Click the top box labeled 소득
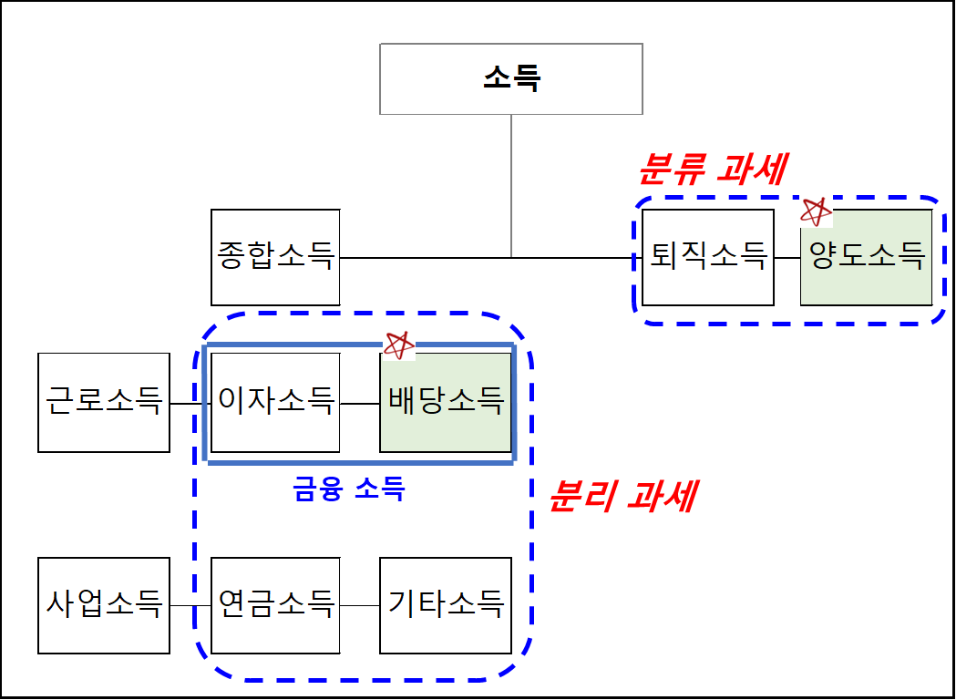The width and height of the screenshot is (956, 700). click(510, 78)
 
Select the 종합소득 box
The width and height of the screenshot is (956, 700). click(275, 257)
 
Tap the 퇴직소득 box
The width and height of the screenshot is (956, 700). click(708, 257)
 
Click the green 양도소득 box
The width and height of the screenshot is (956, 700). click(866, 257)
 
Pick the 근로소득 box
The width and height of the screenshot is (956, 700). click(104, 402)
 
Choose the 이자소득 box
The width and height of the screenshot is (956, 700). click(275, 402)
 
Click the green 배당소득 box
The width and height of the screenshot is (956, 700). click(446, 402)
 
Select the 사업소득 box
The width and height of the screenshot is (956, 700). click(104, 605)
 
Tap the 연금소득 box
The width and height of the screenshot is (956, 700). click(275, 605)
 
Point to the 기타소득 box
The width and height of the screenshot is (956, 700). click(446, 605)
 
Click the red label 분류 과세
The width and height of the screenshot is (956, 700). click(712, 169)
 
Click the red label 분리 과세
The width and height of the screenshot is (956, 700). click(623, 497)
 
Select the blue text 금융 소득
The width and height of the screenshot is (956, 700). click(349, 490)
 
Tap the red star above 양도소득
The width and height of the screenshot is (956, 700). click(816, 211)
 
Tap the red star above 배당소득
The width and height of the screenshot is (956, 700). click(398, 345)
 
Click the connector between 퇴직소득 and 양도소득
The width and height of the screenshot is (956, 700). click(787, 258)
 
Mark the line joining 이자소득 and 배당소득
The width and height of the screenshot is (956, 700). click(359, 403)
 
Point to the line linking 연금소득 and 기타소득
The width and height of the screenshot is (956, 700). click(359, 606)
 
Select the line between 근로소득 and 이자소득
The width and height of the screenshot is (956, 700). click(189, 403)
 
